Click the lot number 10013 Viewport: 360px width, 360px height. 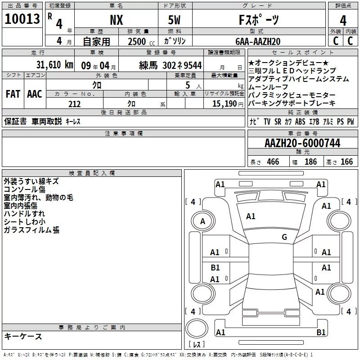click(22, 19)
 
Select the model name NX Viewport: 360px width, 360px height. click(116, 20)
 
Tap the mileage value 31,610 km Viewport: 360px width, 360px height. click(54, 65)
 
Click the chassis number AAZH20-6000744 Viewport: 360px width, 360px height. click(302, 143)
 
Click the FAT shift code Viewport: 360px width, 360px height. click(13, 94)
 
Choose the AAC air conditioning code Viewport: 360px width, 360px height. click(34, 94)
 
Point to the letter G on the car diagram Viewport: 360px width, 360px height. click(284, 237)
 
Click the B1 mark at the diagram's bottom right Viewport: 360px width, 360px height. click(321, 332)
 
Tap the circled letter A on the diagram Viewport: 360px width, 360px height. click(202, 221)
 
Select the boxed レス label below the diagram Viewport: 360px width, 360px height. click(197, 345)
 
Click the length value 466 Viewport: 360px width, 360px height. click(273, 162)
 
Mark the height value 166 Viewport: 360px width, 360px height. click(346, 162)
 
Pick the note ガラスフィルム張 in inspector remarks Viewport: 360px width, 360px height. click(31, 230)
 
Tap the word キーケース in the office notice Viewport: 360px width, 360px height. click(23, 336)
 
